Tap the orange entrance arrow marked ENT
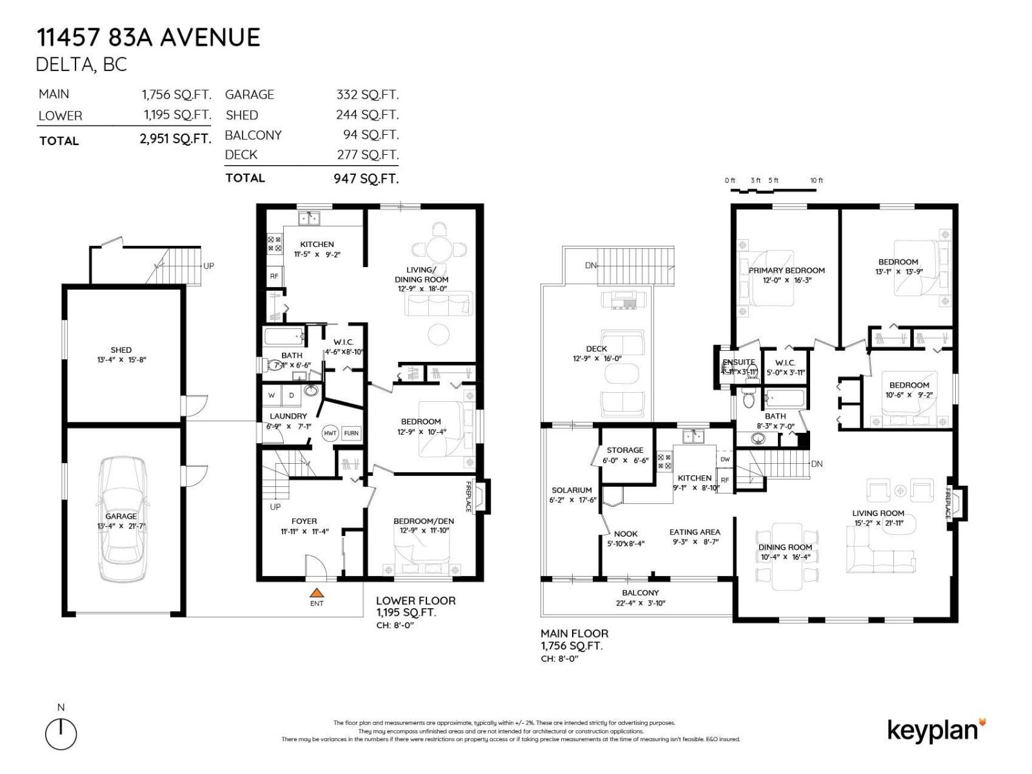pyautogui.click(x=316, y=593)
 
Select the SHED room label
pyautogui.click(x=121, y=350)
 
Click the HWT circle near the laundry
pyautogui.click(x=330, y=433)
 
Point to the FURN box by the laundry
pyautogui.click(x=351, y=433)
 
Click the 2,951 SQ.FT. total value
pyautogui.click(x=175, y=139)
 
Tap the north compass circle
pyautogui.click(x=61, y=734)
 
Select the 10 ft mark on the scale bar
pyautogui.click(x=817, y=181)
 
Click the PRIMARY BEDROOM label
pyautogui.click(x=786, y=270)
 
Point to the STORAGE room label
pyautogui.click(x=624, y=450)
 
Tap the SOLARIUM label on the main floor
pyautogui.click(x=571, y=490)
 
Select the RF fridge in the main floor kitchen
pyautogui.click(x=724, y=480)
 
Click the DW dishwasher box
pyautogui.click(x=725, y=459)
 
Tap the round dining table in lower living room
pyautogui.click(x=439, y=248)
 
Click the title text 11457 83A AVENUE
pyautogui.click(x=148, y=37)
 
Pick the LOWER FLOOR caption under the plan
pyautogui.click(x=415, y=600)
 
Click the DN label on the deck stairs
pyautogui.click(x=590, y=265)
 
